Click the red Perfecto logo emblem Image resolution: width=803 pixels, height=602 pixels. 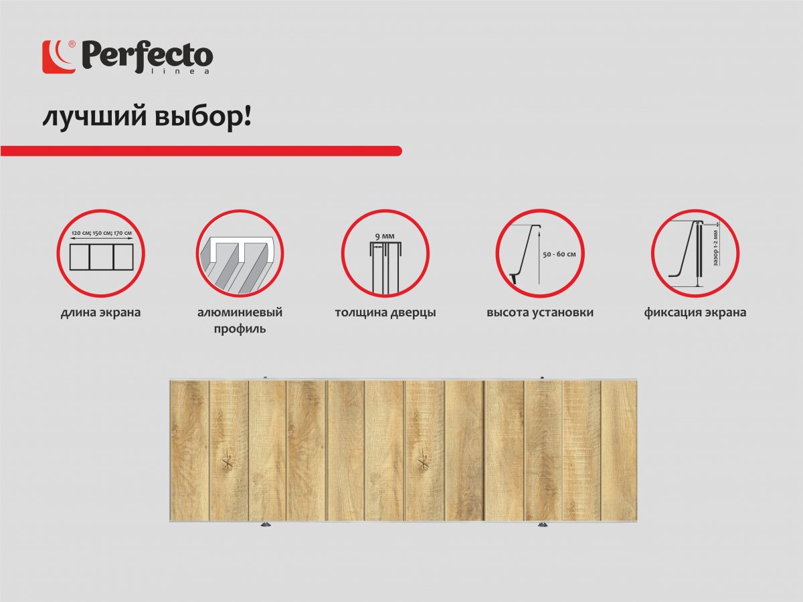pos(58,57)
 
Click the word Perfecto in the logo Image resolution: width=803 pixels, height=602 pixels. pos(147,57)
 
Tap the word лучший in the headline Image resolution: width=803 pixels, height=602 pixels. pos(95,118)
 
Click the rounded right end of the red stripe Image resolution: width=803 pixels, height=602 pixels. pos(398,151)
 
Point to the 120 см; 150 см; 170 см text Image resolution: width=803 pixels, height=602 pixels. pos(101,233)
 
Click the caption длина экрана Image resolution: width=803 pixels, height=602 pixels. pos(100,312)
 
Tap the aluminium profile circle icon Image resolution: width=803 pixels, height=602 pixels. pos(240,254)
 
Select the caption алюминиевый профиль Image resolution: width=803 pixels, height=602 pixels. pos(240,320)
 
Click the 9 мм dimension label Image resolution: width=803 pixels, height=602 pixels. pos(385,236)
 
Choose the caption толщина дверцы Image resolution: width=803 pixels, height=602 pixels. pos(385,313)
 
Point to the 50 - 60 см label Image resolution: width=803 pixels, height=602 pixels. pos(559,254)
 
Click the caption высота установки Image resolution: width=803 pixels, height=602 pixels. pos(540,313)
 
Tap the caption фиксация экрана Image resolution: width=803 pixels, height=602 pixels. pos(695,313)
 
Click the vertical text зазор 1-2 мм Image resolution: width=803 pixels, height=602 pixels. pos(715,247)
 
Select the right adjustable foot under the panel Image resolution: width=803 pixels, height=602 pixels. pos(542,525)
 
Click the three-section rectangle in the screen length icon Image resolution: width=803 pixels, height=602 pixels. pos(101,257)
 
